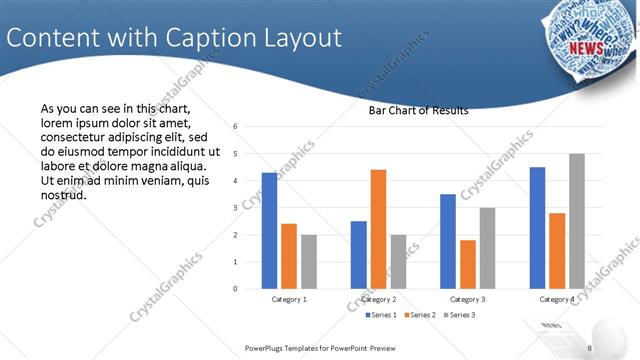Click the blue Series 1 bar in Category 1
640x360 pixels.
(269, 231)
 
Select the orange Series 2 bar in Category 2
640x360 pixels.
(378, 229)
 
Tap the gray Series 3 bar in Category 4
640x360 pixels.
(576, 221)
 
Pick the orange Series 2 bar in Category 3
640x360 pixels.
(468, 264)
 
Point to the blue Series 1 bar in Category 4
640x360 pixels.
(537, 228)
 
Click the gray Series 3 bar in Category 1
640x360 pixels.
(308, 262)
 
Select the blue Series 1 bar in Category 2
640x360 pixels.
(358, 255)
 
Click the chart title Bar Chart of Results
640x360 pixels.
(412, 111)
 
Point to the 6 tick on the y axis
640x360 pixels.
(234, 127)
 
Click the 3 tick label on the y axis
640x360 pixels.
(234, 208)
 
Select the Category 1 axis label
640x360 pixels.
(289, 299)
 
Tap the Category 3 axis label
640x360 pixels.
(468, 299)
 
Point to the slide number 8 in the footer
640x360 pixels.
(590, 348)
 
